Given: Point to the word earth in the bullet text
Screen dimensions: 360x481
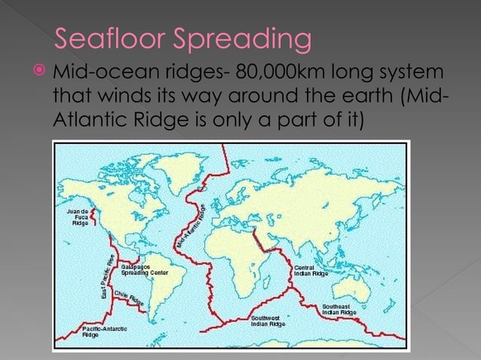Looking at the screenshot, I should pyautogui.click(x=355, y=97).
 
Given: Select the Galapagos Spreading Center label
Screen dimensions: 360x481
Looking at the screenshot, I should pyautogui.click(x=144, y=270).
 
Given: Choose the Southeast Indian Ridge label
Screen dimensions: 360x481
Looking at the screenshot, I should pyautogui.click(x=335, y=310).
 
